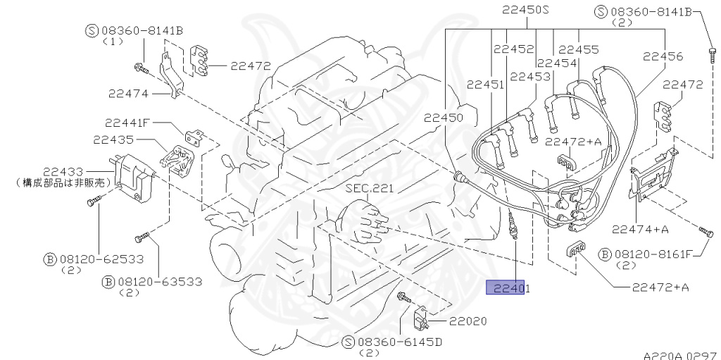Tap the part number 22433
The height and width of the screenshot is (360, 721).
pyautogui.click(x=63, y=171)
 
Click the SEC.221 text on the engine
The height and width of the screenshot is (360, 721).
pyautogui.click(x=370, y=189)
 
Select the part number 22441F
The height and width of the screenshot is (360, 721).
pyautogui.click(x=127, y=122)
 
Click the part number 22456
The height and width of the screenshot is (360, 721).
pyautogui.click(x=661, y=56)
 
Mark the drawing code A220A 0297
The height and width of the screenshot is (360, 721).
pyautogui.click(x=679, y=356)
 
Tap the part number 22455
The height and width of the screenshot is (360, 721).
pyautogui.click(x=578, y=50)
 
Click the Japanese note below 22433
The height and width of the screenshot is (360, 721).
pyautogui.click(x=64, y=182)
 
